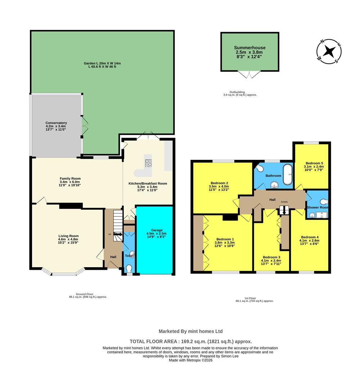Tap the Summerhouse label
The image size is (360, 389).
pos(249,48)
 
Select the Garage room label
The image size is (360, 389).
pos(157,230)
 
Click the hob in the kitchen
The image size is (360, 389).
pos(149,163)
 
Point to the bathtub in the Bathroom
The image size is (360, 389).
pos(288,174)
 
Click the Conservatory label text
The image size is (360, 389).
pos(56,123)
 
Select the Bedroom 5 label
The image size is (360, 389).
pos(314,162)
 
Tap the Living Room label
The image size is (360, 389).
pos(68,236)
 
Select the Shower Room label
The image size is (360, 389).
pos(317,207)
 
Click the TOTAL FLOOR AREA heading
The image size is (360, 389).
pos(190,341)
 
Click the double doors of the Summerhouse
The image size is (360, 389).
pos(249,74)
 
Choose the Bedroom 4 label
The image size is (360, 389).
pos(309,237)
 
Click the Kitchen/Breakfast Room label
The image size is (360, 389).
pos(148,183)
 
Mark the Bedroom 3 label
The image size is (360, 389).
pos(271,257)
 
